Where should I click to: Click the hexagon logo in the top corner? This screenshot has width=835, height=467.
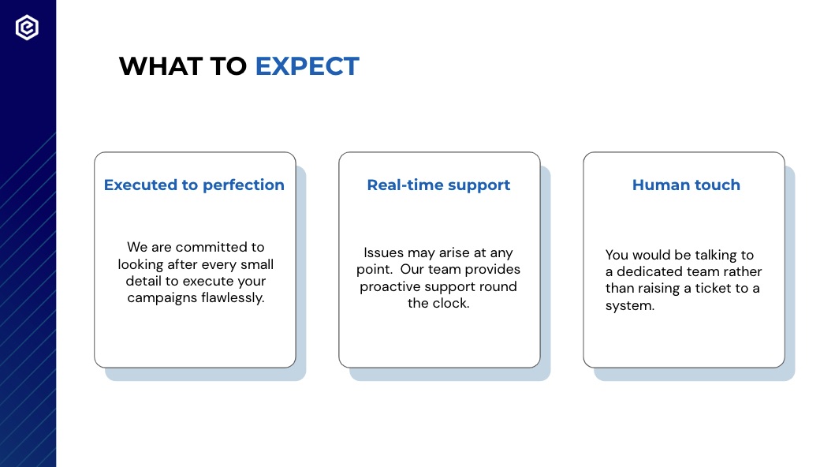coord(27,27)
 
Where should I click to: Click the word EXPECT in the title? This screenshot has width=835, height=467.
coord(308,66)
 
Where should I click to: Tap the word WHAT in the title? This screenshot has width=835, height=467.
coord(161,66)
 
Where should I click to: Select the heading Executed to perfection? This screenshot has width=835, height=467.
coord(195,185)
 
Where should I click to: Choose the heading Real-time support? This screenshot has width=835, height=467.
coord(439,185)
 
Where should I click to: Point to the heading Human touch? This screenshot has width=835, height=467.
coord(687,185)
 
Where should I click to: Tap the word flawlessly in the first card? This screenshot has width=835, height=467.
coord(233,297)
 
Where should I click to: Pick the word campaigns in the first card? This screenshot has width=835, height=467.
coord(162,298)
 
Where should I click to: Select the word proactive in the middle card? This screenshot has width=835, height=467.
coord(391,286)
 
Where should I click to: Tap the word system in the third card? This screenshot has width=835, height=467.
coord(630,305)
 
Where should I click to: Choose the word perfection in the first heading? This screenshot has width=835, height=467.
coord(244,185)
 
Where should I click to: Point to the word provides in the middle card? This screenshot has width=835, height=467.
coord(493,270)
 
